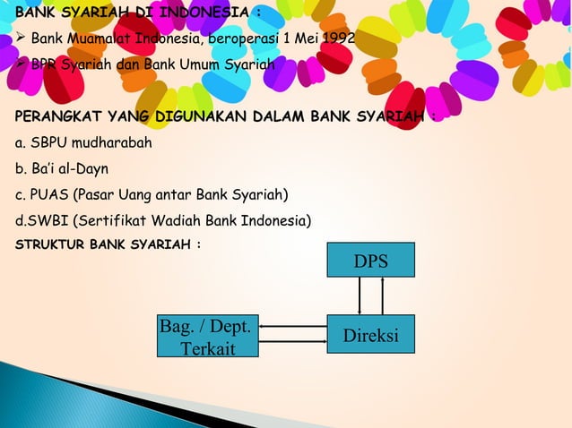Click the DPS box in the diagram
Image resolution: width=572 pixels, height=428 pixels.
pos(370,260)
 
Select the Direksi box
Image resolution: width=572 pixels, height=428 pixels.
pos(370,335)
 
